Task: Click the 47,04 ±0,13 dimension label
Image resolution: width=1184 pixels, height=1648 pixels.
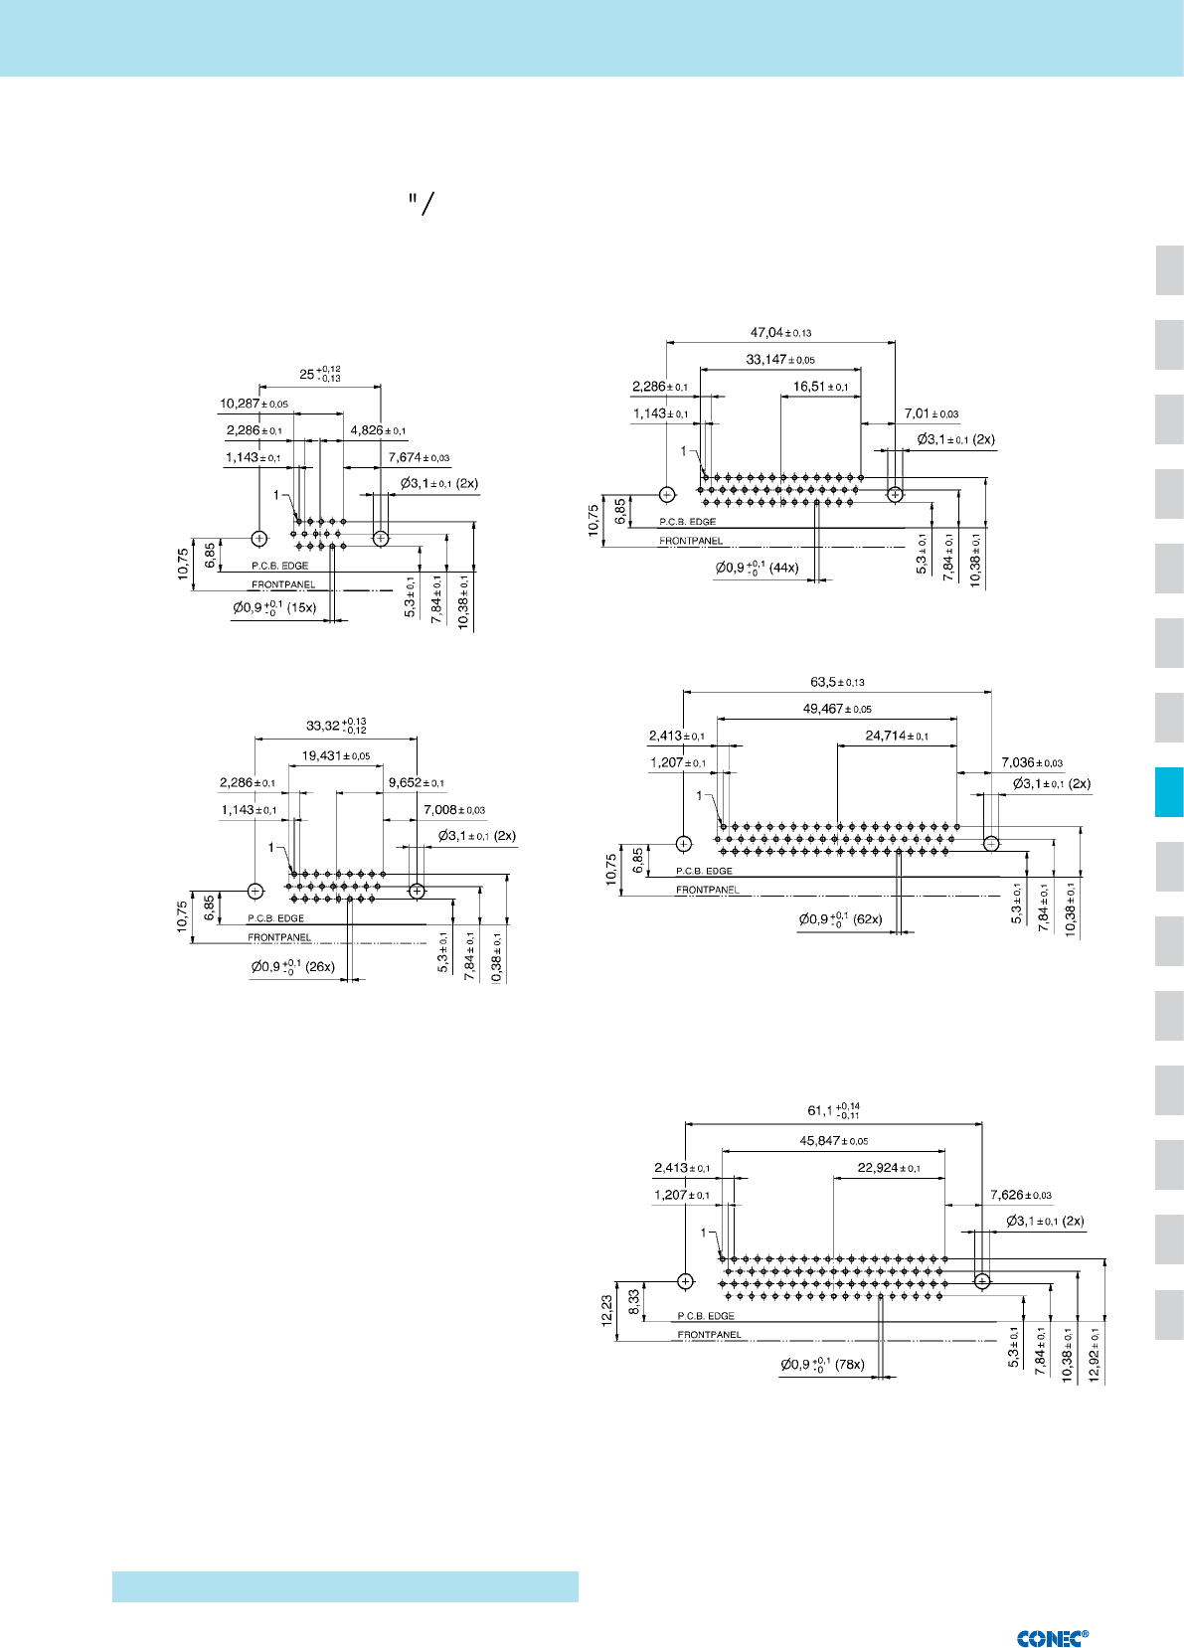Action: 780,333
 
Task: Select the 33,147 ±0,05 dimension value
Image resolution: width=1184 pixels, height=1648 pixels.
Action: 780,360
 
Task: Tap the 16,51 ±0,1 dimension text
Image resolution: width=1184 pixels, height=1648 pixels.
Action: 820,387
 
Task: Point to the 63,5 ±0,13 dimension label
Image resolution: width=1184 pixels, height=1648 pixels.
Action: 837,682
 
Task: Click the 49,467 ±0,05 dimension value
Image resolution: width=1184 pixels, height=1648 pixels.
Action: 837,709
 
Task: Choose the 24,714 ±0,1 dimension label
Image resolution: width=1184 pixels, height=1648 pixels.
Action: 897,736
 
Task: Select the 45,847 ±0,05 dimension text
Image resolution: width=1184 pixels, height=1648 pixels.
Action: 834,1141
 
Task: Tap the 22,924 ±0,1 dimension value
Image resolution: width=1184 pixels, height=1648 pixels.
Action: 889,1168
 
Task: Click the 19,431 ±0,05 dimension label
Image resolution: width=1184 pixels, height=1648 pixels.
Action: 336,755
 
